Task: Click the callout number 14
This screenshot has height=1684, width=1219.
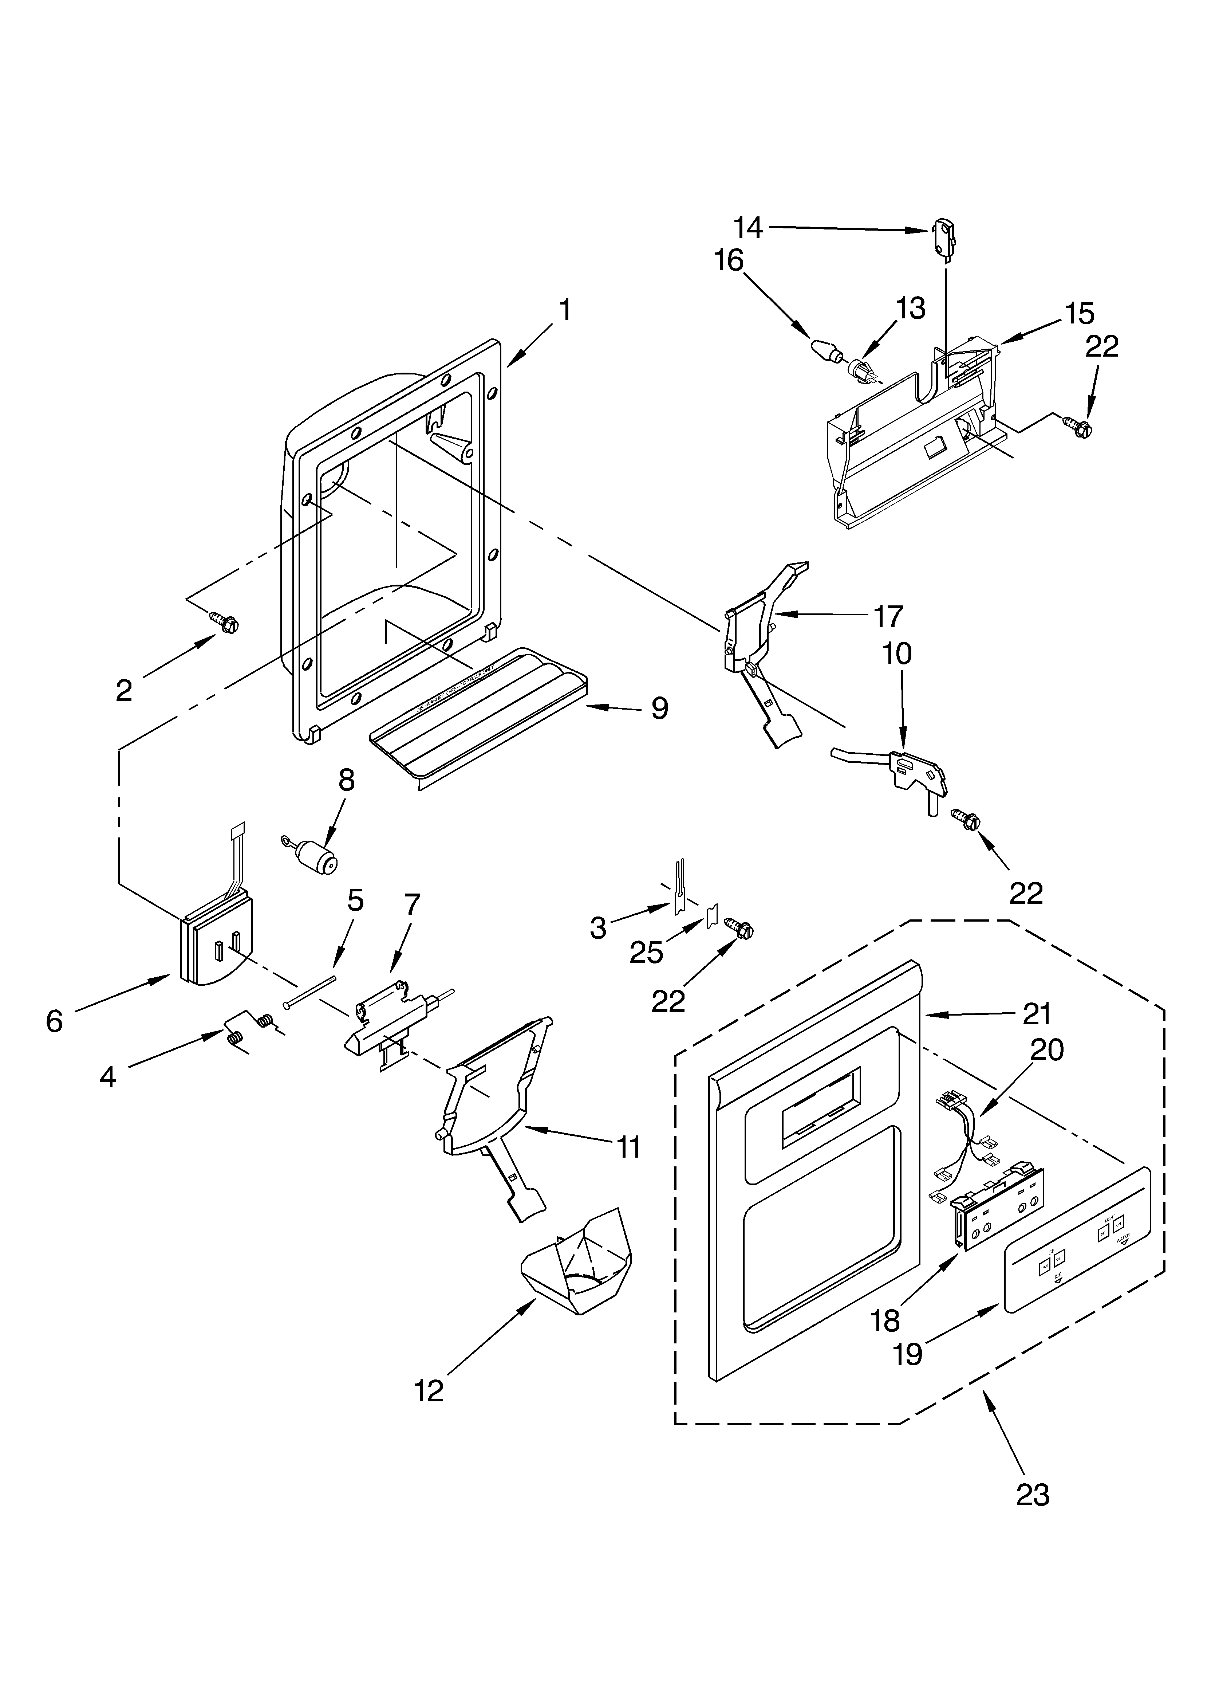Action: point(748,228)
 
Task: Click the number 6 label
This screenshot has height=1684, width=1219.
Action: point(54,1022)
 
